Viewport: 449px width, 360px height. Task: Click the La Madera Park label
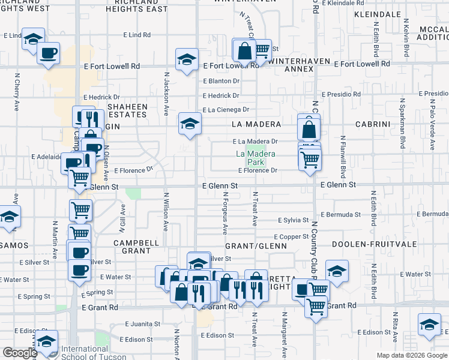[256, 158]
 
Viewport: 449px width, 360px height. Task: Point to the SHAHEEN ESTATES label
[127, 110]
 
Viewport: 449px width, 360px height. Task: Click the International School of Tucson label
[85, 352]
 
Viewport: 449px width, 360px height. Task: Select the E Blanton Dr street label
[221, 81]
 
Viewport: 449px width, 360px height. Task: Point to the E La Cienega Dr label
[225, 110]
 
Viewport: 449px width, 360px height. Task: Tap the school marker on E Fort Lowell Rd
[187, 59]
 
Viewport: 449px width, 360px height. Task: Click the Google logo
[20, 353]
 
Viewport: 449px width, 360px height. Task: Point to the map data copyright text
[412, 355]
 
